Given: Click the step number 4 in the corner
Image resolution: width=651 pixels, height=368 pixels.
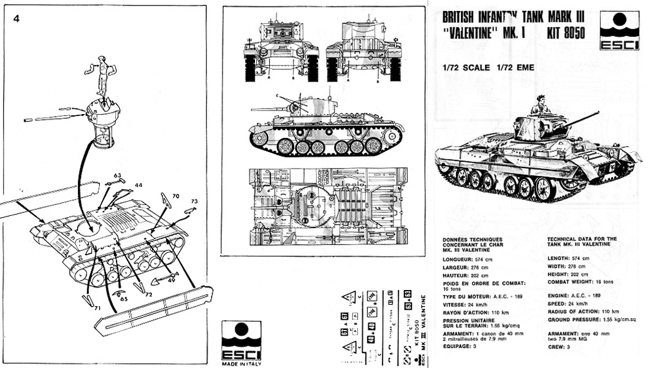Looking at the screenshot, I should [x=17, y=18].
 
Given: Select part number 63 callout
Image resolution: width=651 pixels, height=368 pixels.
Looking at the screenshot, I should [x=117, y=176].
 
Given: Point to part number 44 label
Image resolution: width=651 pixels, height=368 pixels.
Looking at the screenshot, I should [x=139, y=185].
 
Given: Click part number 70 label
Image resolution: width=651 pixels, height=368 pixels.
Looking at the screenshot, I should [x=175, y=196].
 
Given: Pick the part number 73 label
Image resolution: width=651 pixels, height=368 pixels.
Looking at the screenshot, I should [x=194, y=202].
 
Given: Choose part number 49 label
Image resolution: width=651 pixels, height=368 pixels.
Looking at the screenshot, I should [x=171, y=280].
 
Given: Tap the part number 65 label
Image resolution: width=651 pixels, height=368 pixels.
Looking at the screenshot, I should [x=124, y=299].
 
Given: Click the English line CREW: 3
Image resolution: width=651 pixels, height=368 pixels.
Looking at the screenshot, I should [x=559, y=348].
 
